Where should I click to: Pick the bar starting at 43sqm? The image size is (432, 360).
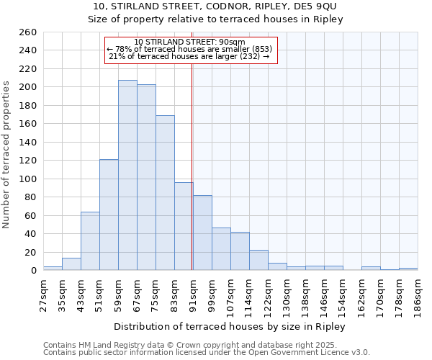pos(90,241)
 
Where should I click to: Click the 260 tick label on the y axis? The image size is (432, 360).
pos(28,32)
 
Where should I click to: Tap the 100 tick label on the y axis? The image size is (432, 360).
pos(28,179)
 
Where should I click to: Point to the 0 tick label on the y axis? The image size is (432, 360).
pos(34,271)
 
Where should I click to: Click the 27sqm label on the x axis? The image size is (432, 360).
pos(43,293)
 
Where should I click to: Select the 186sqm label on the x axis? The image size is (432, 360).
pos(418,293)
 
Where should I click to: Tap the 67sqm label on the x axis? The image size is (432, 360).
pos(137,293)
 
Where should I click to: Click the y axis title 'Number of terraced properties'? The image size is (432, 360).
pos(7,154)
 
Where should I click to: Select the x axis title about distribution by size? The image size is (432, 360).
pos(230,327)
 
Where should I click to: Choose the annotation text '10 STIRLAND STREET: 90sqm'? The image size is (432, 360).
pos(190,42)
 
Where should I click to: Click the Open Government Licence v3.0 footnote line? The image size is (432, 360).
pos(206,352)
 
